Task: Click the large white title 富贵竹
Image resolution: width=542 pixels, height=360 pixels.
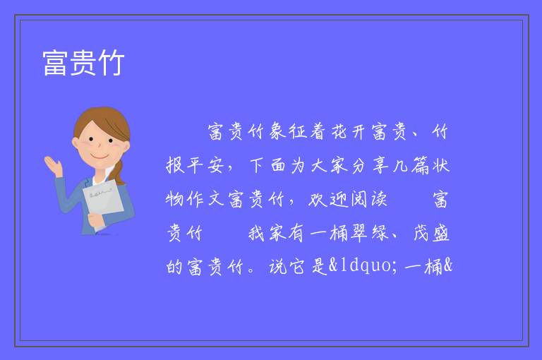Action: point(83,63)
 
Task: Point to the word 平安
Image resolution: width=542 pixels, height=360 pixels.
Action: point(205,165)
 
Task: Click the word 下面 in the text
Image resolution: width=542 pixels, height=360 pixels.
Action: point(267,165)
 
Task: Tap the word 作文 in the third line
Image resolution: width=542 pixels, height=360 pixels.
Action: point(205,199)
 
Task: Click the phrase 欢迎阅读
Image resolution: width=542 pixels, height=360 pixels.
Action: point(347,199)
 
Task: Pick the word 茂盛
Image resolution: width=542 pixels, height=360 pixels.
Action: point(431,233)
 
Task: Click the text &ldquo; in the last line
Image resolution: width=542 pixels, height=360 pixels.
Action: point(363,266)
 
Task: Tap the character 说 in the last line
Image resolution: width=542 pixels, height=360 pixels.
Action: point(277,267)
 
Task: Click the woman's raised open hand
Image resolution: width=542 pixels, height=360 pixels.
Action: point(53,165)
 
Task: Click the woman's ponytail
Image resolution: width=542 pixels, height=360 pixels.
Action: point(118,173)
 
